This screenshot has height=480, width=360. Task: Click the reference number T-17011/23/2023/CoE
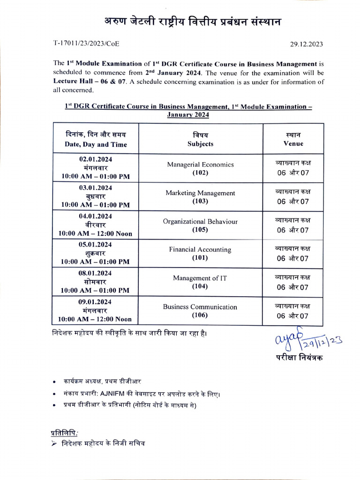click(x=86, y=44)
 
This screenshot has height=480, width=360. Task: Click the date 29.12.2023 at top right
click(x=307, y=44)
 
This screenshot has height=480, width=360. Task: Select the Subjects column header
click(x=200, y=139)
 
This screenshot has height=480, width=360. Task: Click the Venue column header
click(x=293, y=139)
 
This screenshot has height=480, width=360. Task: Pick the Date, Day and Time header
click(x=96, y=139)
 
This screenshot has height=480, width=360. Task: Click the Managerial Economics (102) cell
click(x=200, y=168)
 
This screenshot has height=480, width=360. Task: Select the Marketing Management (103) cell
click(x=200, y=197)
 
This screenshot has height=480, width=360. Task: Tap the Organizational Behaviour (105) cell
click(x=200, y=225)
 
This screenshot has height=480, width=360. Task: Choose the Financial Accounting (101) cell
click(x=200, y=254)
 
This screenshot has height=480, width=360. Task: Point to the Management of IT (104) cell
click(x=200, y=282)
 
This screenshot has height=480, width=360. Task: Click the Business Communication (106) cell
click(x=200, y=311)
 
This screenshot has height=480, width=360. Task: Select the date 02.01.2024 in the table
click(x=96, y=159)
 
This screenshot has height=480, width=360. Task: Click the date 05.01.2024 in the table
click(x=96, y=244)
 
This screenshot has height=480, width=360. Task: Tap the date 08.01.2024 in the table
click(x=96, y=273)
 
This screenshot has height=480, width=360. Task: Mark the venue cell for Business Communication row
click(x=293, y=311)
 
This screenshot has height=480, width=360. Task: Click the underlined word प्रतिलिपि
click(x=64, y=432)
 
